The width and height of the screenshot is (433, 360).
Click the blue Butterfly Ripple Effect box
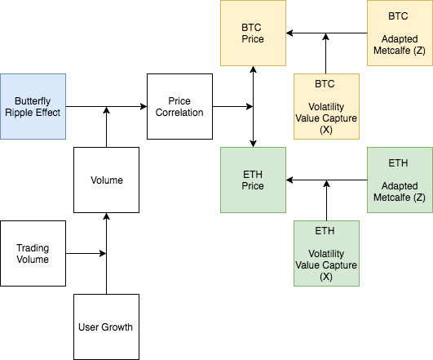pyautogui.click(x=33, y=106)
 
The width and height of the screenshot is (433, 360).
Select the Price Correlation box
pyautogui.click(x=179, y=106)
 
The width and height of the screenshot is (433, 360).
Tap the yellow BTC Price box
pyautogui.click(x=253, y=33)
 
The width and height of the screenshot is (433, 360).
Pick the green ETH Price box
pyautogui.click(x=253, y=180)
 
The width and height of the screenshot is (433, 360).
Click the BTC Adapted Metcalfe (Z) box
pyautogui.click(x=399, y=33)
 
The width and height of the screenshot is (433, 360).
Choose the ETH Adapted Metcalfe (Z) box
pyautogui.click(x=399, y=180)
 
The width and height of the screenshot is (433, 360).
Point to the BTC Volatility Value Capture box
pyautogui.click(x=326, y=106)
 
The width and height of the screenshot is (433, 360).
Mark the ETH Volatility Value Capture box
pyautogui.click(x=326, y=253)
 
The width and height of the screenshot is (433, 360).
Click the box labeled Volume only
pyautogui.click(x=106, y=179)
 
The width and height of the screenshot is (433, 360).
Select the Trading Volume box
pyautogui.click(x=33, y=253)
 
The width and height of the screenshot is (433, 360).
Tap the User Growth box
pyautogui.click(x=106, y=327)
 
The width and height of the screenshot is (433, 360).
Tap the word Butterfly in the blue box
pyautogui.click(x=33, y=100)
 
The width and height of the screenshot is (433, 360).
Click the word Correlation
pyautogui.click(x=179, y=113)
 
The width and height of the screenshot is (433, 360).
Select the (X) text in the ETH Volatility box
pyautogui.click(x=326, y=276)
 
